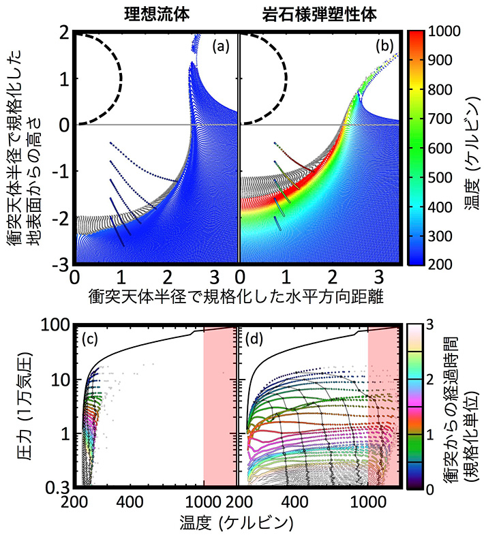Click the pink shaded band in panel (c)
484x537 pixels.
(219, 409)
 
